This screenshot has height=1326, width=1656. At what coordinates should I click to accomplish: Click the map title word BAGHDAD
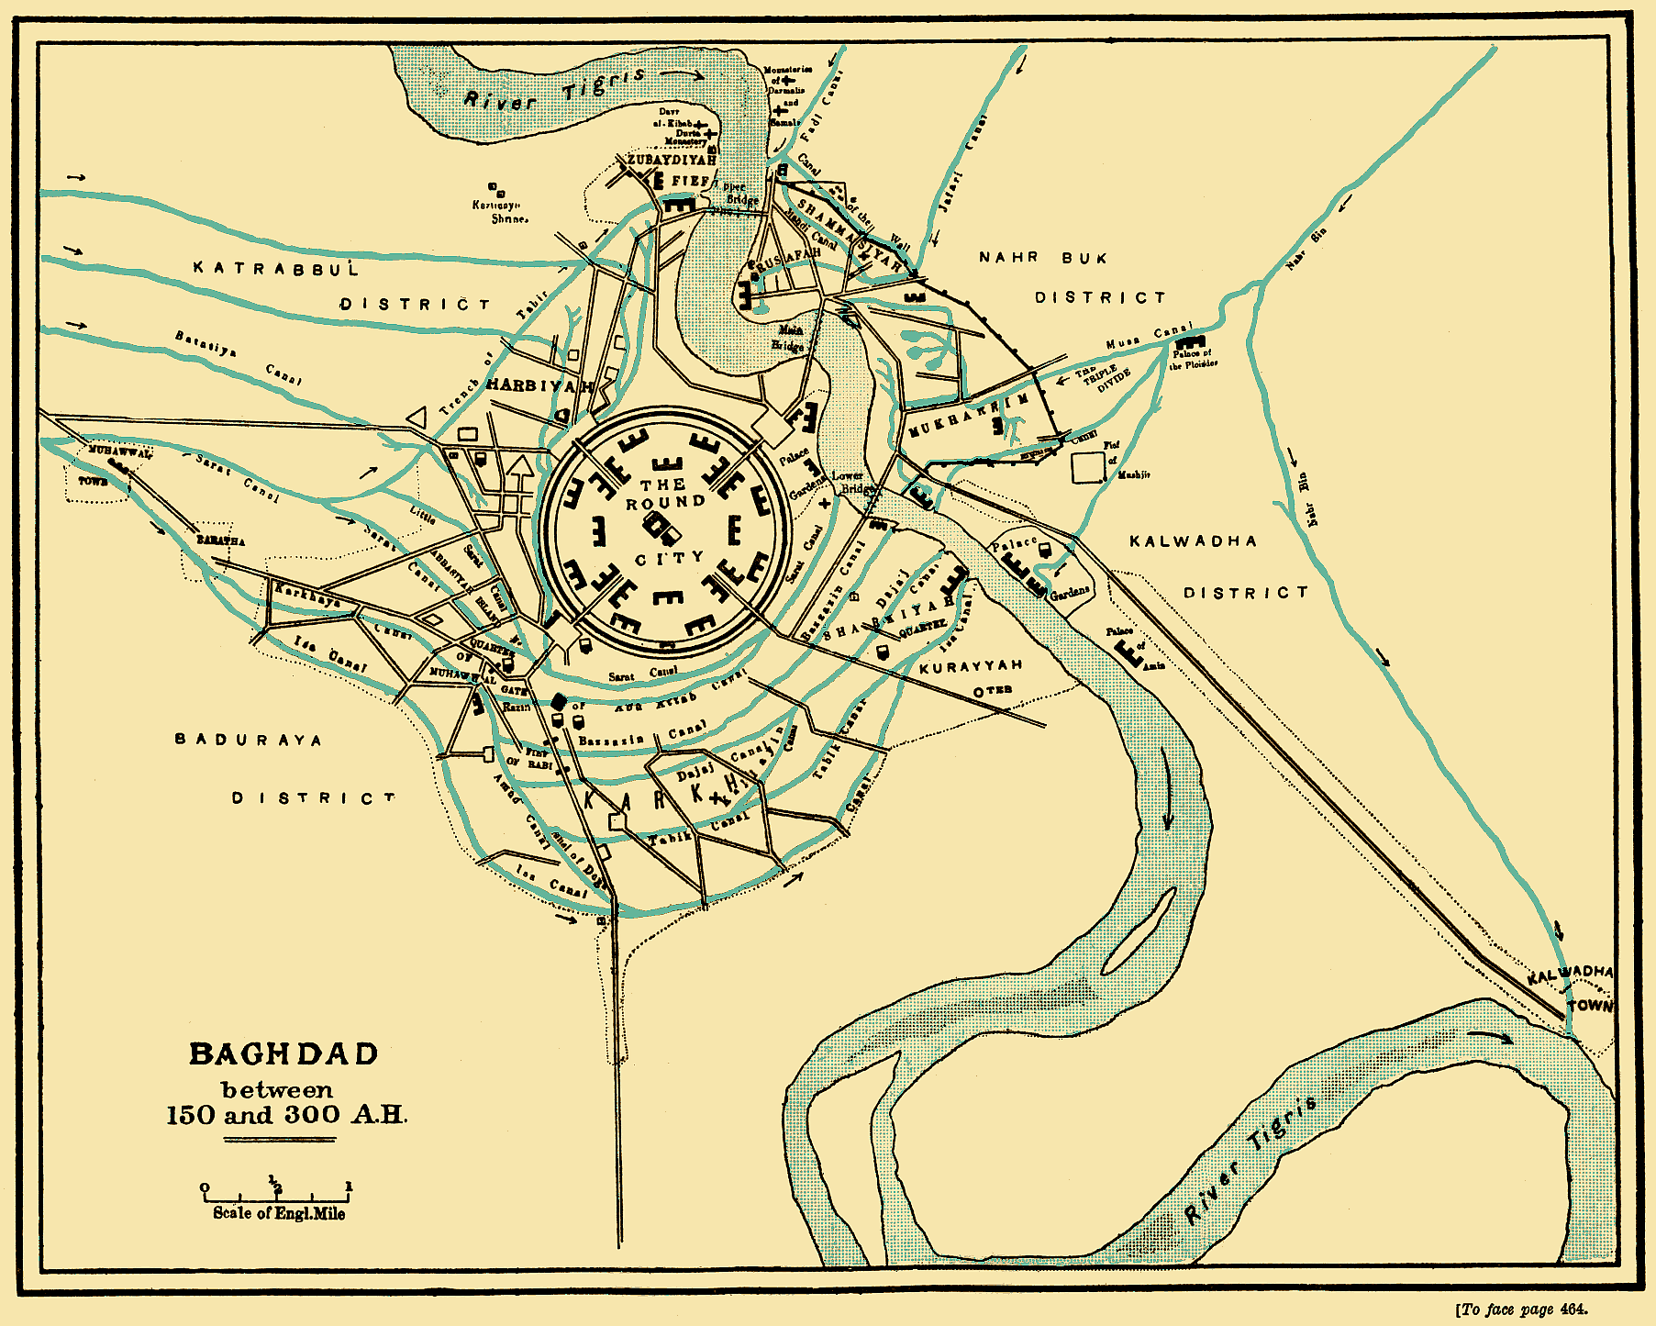283,1054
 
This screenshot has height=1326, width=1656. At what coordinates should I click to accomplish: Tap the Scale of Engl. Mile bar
275,1194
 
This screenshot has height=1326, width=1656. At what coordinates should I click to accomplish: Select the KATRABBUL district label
275,268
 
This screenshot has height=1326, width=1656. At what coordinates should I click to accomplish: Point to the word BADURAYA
249,740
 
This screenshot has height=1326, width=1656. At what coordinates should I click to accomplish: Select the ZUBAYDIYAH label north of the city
671,160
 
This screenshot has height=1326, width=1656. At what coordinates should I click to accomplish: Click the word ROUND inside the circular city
666,503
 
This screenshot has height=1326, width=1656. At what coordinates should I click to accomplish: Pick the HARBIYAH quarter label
539,386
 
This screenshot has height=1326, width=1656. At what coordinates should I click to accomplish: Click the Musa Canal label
1148,337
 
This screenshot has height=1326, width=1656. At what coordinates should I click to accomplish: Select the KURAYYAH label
971,666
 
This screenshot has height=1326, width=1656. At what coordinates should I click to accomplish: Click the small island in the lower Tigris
1138,931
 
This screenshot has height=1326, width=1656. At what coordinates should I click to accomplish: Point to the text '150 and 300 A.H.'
285,1116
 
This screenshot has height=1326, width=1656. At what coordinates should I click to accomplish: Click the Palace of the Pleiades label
1193,359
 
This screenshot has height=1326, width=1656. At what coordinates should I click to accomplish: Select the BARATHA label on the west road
221,540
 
